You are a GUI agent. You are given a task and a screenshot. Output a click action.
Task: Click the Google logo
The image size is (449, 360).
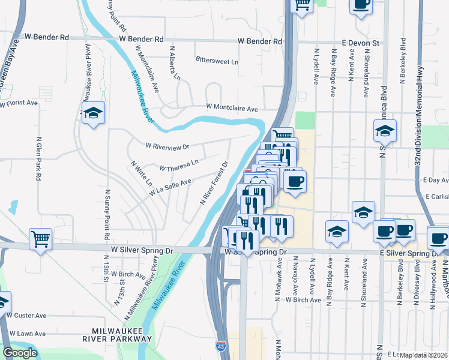pyautogui.click(x=20, y=353)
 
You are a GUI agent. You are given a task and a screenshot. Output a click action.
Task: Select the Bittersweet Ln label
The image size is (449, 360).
pyautogui.click(x=217, y=61)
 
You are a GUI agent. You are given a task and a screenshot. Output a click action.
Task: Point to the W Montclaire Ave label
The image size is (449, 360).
pyautogui.click(x=232, y=109)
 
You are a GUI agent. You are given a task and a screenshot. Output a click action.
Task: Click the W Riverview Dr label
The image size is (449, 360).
pyautogui.click(x=167, y=146)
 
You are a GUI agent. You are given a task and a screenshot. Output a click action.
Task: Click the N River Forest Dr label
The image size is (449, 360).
pyautogui.click(x=215, y=182)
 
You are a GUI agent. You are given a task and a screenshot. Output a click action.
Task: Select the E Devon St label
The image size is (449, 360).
pyautogui.click(x=361, y=43)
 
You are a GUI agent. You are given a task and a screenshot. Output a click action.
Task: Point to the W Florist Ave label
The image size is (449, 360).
pyautogui.click(x=19, y=103)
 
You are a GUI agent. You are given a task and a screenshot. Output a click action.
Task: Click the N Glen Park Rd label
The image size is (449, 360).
pyautogui.click(x=38, y=158)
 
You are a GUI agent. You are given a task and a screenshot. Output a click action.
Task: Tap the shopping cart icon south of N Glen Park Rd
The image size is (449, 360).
pyautogui.click(x=41, y=239)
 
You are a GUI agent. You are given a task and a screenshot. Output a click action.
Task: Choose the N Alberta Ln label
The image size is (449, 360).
pyautogui.click(x=175, y=64)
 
